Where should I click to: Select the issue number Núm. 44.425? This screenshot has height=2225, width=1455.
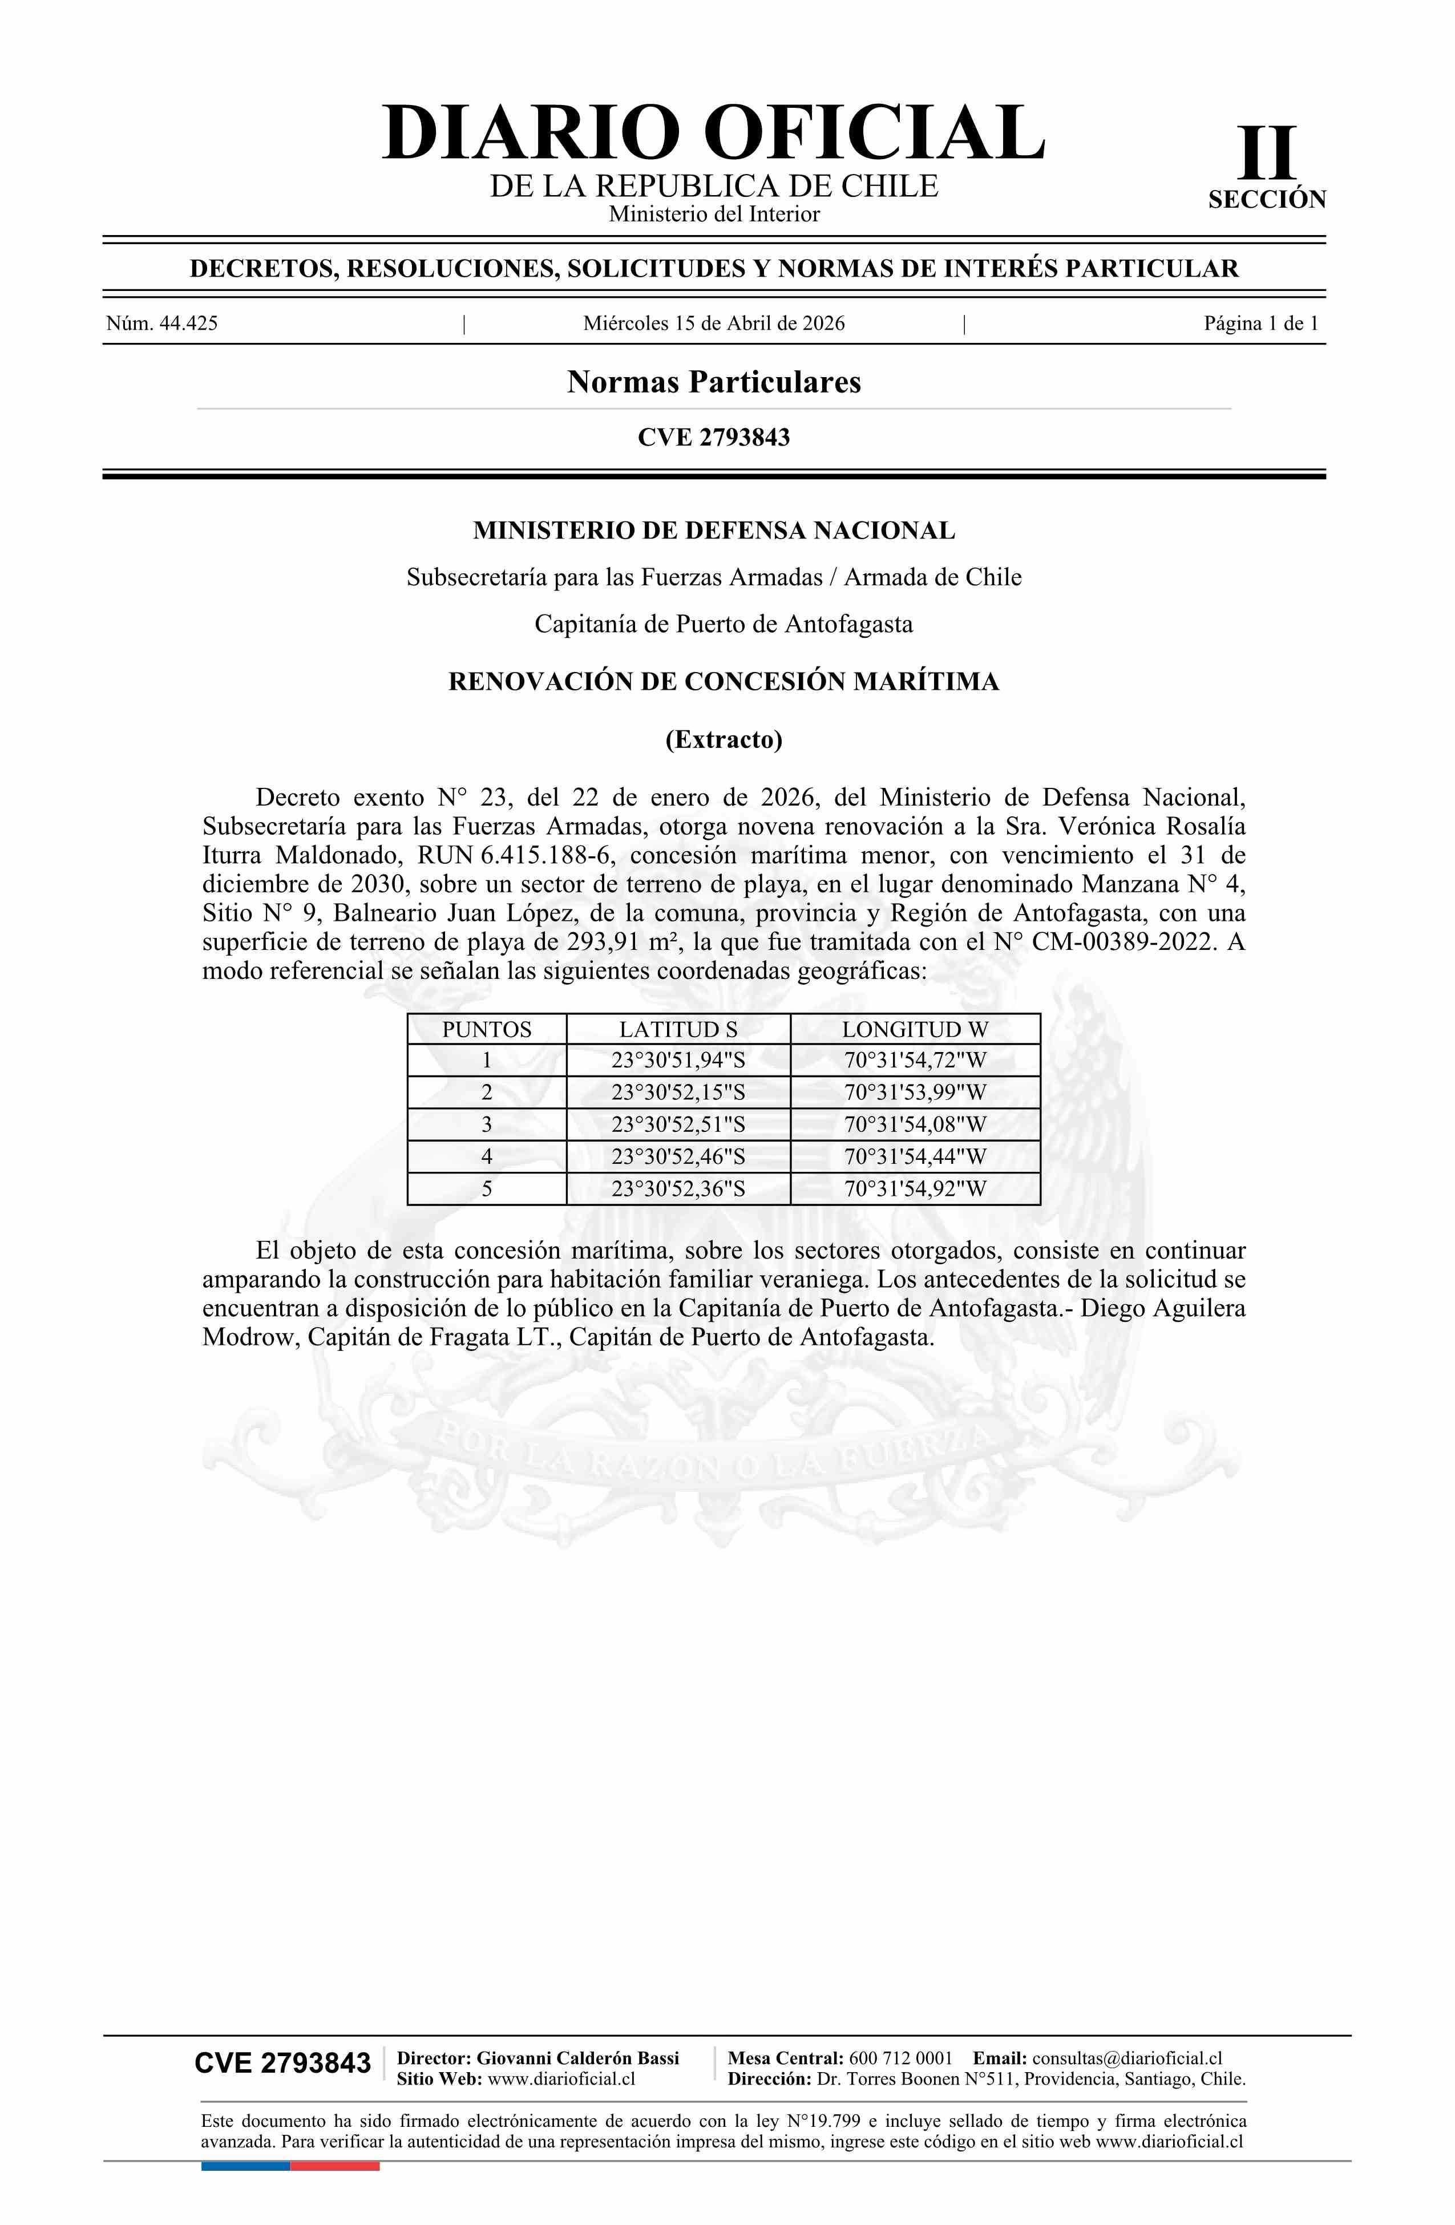pos(162,323)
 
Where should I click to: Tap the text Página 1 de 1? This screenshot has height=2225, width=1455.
pos(1260,323)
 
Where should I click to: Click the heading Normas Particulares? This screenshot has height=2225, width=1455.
pos(713,382)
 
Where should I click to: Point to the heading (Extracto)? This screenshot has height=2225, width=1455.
pos(723,739)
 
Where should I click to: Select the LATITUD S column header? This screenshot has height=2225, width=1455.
pos(678,1029)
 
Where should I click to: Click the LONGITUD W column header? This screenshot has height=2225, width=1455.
pos(915,1029)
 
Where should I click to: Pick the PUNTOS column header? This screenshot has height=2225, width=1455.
pos(486,1029)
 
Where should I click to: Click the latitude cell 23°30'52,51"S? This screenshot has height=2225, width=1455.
pos(678,1124)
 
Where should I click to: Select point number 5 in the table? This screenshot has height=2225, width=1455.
pos(486,1189)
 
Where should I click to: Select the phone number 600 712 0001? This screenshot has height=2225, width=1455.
pos(900,2058)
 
